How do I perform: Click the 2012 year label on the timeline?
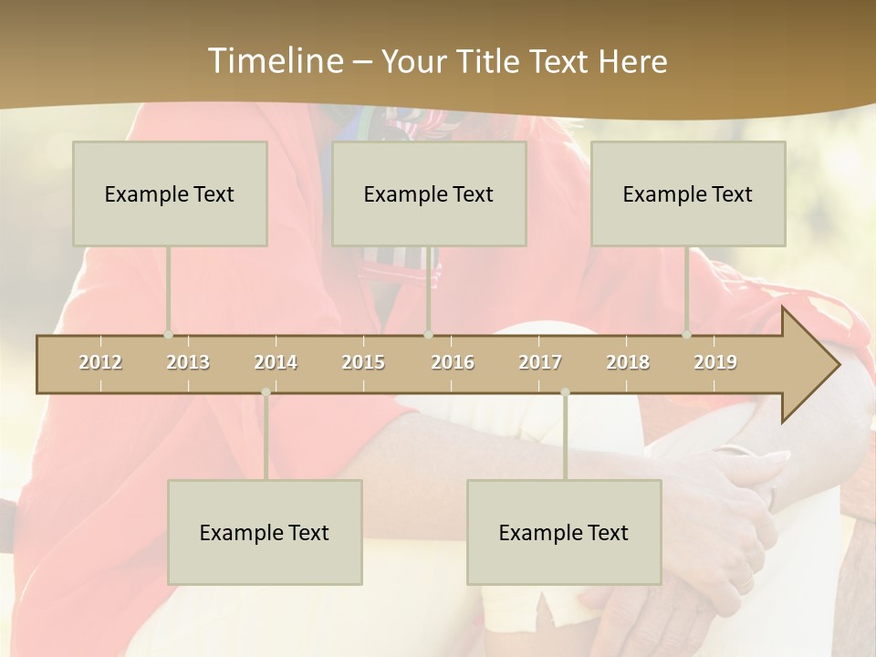100,362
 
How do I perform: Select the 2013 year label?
188,362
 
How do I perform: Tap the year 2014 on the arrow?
276,362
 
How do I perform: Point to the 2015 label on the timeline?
363,362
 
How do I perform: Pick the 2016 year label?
453,362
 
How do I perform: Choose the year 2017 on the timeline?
540,362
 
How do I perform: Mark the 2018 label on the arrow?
628,362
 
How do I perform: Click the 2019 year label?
715,362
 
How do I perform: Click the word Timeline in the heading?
275,61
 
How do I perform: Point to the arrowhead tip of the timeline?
838,365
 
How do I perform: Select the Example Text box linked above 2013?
170,193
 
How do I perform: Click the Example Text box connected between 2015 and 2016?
429,193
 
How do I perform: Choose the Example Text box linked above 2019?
688,193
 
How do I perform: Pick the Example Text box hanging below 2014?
265,532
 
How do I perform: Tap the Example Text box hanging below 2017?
564,532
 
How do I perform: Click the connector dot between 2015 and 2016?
429,335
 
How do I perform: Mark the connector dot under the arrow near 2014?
266,392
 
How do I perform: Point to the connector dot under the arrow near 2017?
565,392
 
